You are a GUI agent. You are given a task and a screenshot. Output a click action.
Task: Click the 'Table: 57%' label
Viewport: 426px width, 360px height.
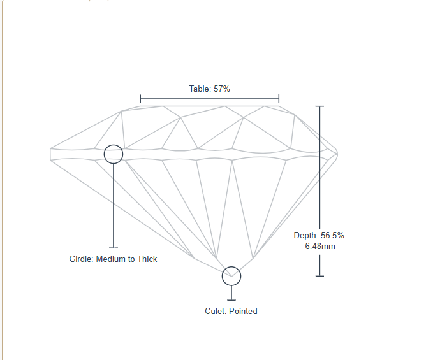point(209,89)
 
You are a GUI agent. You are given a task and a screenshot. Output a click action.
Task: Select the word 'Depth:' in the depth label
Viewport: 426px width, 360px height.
point(305,236)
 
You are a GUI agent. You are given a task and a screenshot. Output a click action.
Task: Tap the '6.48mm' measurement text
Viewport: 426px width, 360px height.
point(320,246)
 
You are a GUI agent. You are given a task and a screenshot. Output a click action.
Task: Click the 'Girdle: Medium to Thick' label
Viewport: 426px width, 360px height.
point(113,259)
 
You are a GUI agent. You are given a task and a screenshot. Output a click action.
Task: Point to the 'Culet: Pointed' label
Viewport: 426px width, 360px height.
point(231,312)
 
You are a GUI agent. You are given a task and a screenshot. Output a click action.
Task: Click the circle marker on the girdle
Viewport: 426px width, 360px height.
point(113,154)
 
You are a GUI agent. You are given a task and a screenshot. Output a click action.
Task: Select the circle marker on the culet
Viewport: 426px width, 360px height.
point(231,276)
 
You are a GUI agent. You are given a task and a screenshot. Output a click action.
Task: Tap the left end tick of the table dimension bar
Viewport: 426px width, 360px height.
point(140,99)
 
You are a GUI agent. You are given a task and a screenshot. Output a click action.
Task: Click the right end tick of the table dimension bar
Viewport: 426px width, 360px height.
point(279,99)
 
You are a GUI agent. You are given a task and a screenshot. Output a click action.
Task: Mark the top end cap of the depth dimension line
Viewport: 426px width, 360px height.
point(320,106)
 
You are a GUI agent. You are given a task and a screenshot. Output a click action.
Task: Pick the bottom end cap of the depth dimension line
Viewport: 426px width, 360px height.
point(320,275)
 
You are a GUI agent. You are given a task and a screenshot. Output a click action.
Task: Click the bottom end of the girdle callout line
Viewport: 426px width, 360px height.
point(113,247)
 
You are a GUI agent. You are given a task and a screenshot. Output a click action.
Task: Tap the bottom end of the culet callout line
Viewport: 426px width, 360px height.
point(231,299)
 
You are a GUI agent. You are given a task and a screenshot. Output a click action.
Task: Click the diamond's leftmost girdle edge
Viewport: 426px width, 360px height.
point(51,154)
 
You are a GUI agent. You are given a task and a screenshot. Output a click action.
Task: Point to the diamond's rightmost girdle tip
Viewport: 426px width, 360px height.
point(337,153)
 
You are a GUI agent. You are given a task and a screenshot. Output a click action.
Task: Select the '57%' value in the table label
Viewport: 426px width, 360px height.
point(221,89)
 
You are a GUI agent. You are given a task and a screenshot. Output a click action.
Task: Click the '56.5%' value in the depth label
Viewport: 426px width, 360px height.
point(332,236)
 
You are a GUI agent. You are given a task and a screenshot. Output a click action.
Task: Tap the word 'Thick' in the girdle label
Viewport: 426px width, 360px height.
point(146,259)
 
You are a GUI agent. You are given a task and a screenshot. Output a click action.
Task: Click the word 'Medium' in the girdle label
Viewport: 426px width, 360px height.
point(110,259)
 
